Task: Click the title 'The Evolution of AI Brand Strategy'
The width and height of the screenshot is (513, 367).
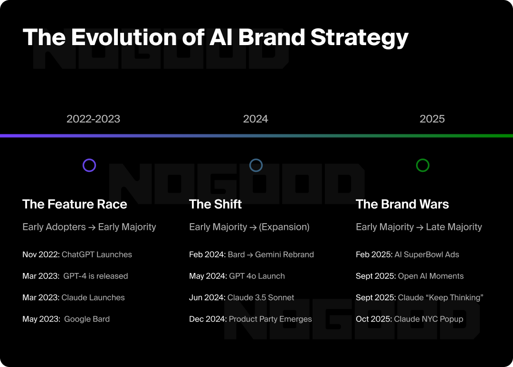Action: [x=215, y=37]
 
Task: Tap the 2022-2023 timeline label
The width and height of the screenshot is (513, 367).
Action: [x=93, y=119]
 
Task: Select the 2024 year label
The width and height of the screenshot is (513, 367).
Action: [x=256, y=119]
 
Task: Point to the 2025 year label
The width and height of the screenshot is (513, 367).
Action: [x=432, y=119]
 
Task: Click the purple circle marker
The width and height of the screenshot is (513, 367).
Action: [x=89, y=165]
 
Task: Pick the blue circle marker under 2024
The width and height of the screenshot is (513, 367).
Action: [x=256, y=165]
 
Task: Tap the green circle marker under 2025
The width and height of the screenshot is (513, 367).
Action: [x=423, y=165]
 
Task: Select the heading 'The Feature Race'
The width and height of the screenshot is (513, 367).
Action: [x=75, y=204]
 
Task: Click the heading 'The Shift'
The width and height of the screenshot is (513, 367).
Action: [x=215, y=204]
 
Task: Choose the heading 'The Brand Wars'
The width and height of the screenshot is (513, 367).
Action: [x=402, y=204]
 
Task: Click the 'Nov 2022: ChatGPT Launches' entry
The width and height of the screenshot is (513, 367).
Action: [x=77, y=254]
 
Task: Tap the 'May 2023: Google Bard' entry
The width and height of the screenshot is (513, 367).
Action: [x=66, y=319]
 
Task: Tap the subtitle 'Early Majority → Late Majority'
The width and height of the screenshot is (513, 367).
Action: [x=418, y=227]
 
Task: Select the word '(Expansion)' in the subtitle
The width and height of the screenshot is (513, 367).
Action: [x=284, y=227]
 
